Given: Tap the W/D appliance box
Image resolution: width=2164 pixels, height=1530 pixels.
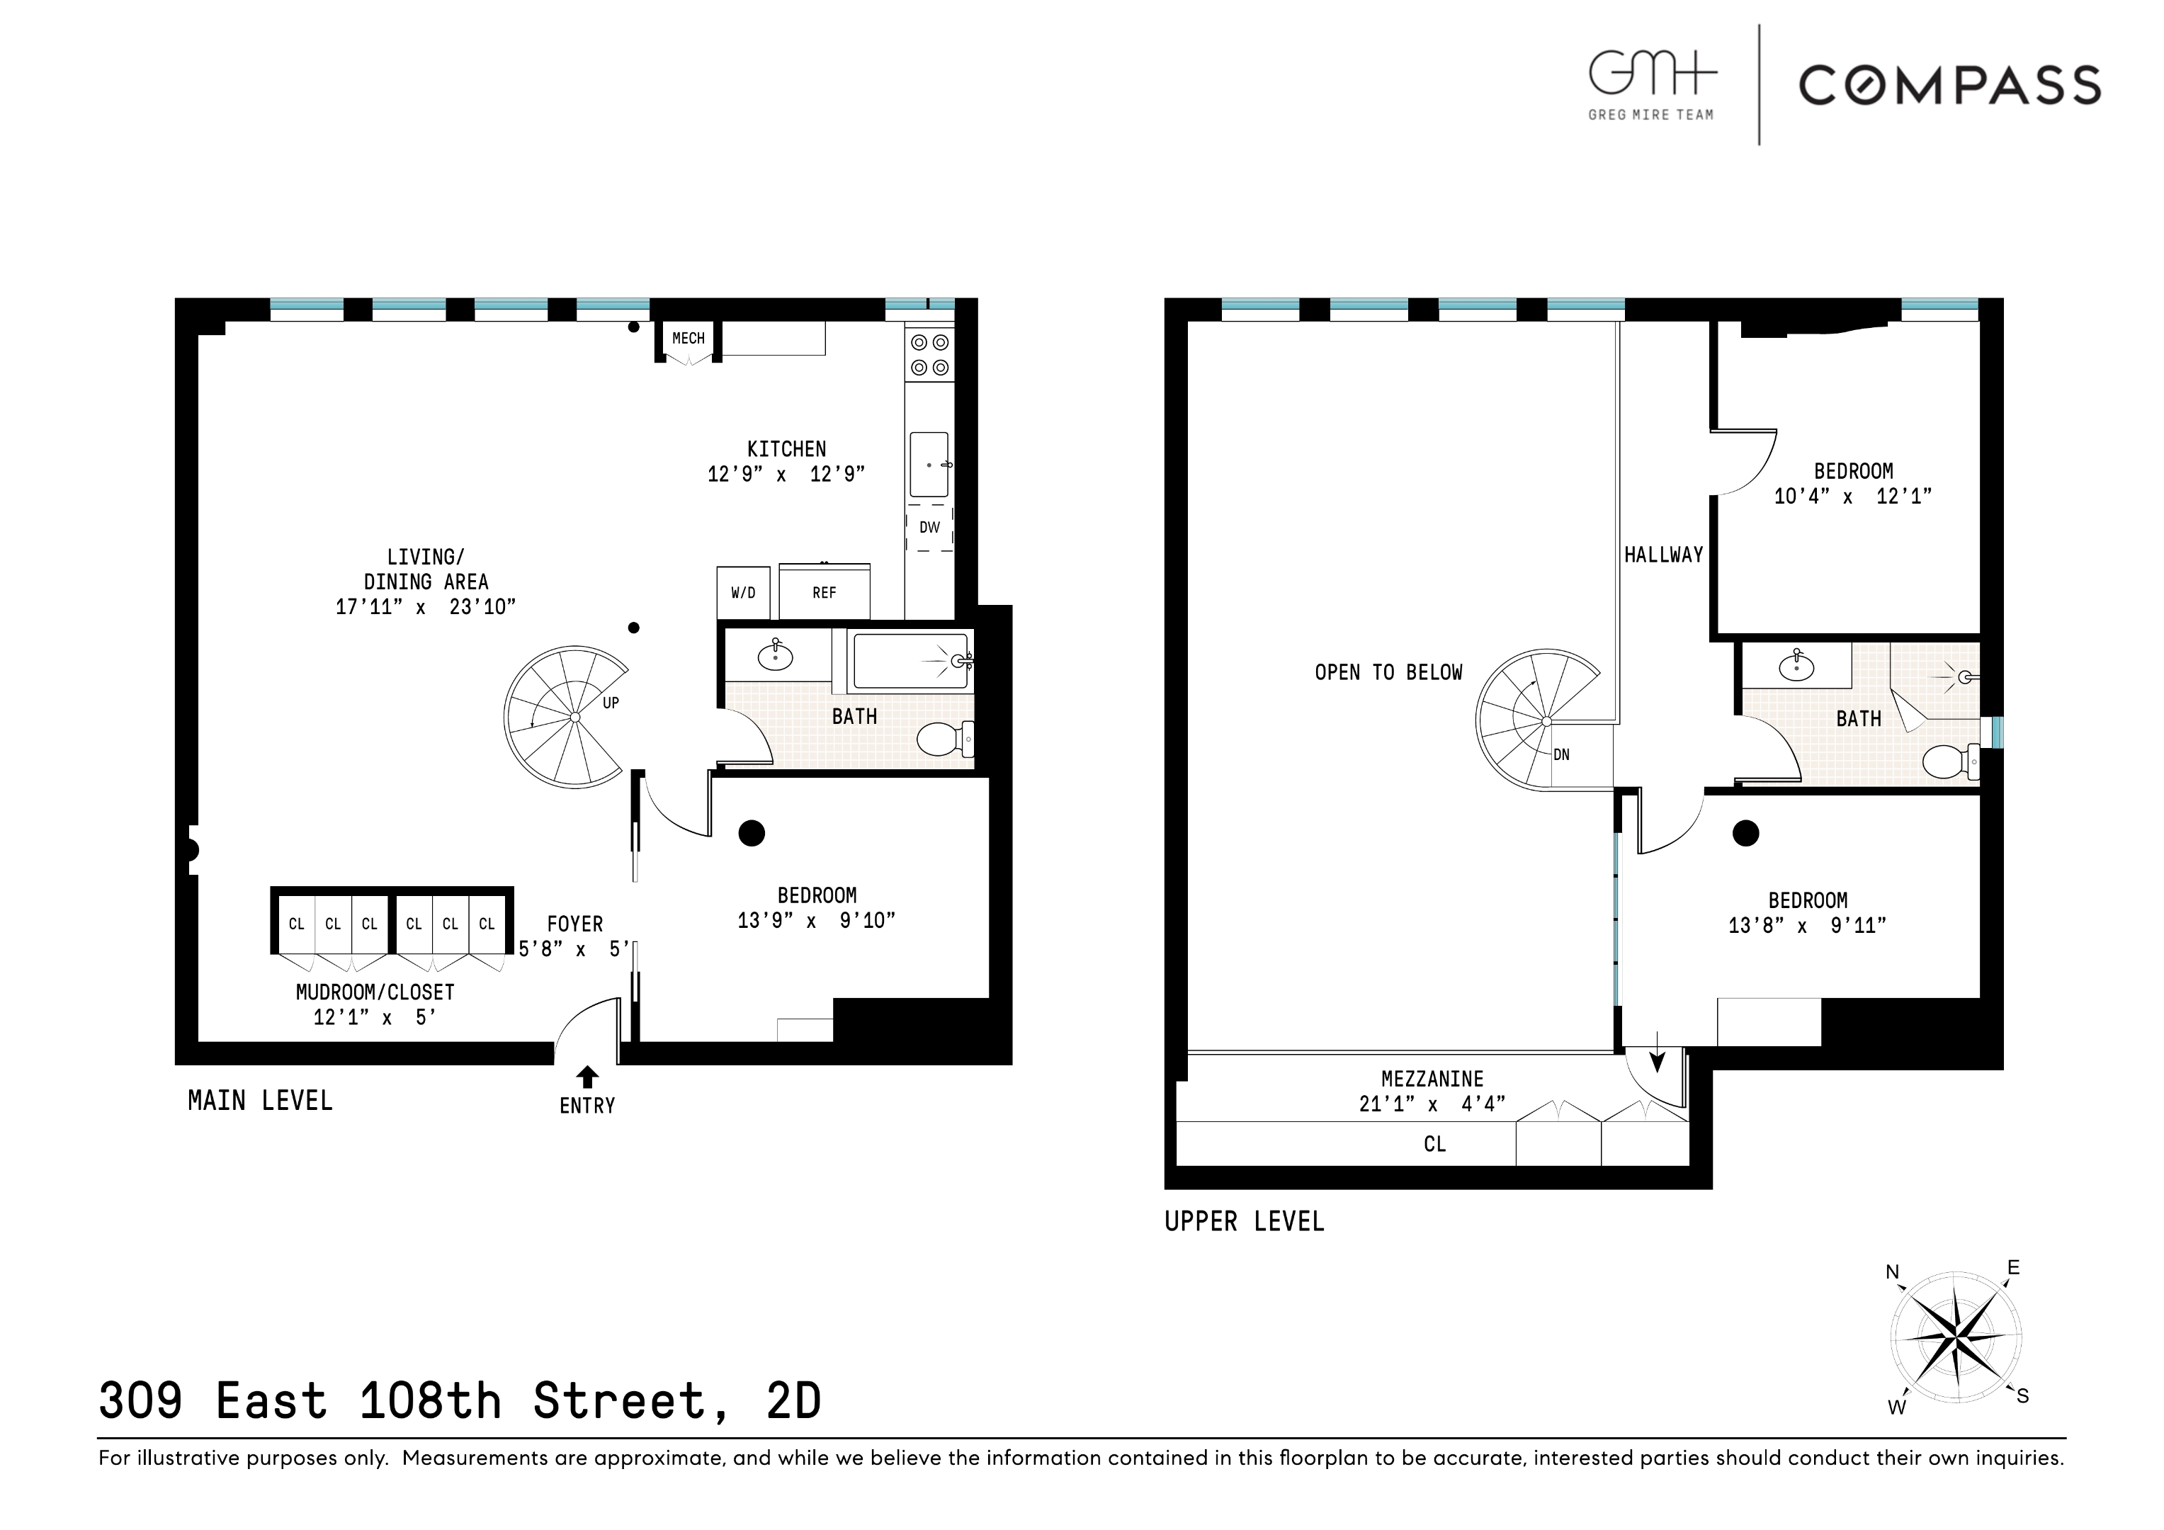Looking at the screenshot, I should coord(742,593).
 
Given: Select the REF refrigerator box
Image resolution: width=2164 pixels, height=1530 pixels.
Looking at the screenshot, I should coord(824,593).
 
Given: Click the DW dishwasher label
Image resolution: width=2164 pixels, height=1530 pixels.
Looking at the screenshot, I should coord(929,528).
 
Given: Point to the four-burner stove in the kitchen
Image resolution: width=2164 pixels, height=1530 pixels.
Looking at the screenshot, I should coord(929,356).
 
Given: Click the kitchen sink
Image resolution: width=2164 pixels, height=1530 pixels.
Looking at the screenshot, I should coord(929,465).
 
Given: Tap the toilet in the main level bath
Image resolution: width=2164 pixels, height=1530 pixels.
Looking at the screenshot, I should coord(944,740).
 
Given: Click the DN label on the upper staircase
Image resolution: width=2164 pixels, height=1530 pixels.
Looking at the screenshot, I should coord(1562,755).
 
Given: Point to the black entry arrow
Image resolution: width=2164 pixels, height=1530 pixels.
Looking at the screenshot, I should coord(587,1077).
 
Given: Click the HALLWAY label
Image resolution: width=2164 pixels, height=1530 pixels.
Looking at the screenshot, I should coord(1663,555).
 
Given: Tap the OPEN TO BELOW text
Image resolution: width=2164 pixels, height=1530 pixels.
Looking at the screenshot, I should coord(1388,673).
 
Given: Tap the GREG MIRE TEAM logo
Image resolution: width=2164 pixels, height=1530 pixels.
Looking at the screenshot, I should coord(1651,85).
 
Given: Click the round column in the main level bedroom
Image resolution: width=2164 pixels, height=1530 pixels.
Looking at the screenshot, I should coord(751,833).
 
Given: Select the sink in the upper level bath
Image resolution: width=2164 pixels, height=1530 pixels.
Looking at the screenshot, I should coord(1796,667).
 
